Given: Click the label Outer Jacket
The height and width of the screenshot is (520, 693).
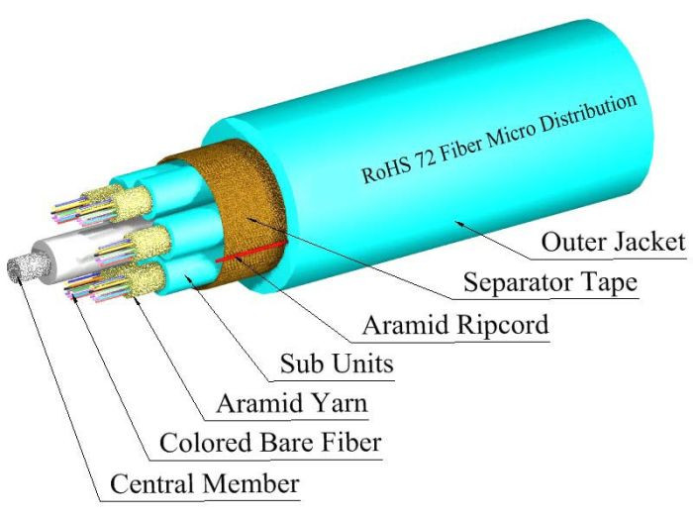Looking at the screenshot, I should (x=614, y=241).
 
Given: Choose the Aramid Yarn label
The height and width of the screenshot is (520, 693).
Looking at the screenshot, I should (x=279, y=403).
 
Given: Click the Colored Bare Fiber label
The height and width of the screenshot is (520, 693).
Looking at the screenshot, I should (x=269, y=444).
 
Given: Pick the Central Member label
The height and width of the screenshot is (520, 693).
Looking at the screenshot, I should (x=204, y=484).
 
